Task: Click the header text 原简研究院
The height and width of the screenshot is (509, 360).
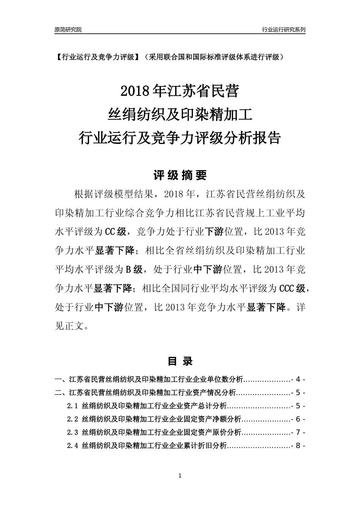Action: [x=68, y=30]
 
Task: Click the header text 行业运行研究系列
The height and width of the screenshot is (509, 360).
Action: [x=283, y=30]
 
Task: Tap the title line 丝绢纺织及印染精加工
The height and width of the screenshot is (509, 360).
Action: [x=180, y=115]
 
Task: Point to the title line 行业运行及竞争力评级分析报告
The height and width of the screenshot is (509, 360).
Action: [x=179, y=138]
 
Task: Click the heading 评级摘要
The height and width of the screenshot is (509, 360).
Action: [x=180, y=175]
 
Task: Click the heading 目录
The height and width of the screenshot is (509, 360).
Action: [x=180, y=361]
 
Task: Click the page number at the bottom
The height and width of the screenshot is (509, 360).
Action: [x=180, y=476]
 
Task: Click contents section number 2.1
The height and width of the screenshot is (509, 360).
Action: [x=72, y=406]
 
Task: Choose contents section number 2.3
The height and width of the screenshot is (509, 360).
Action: [x=72, y=432]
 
